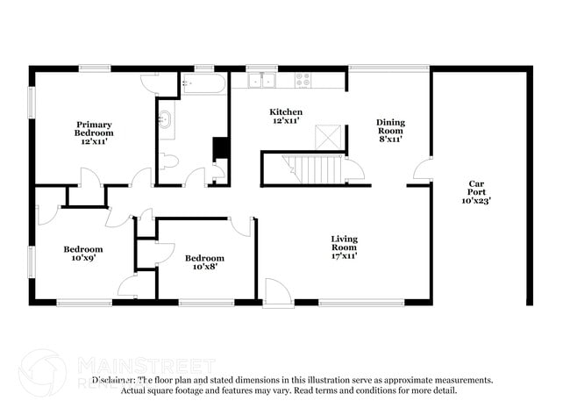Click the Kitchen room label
[x=286, y=117]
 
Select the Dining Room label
[x=390, y=131]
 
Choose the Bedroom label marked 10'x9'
[x=82, y=254]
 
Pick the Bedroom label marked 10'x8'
[x=204, y=262]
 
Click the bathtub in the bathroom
[x=204, y=83]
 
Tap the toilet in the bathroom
[x=170, y=161]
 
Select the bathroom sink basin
[x=165, y=120]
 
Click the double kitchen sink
[x=261, y=81]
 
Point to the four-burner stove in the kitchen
[x=303, y=80]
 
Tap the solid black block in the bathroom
[x=221, y=148]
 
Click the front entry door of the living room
[x=277, y=292]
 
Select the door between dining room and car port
[x=422, y=170]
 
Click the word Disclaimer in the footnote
[x=114, y=381]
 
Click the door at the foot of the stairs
[x=354, y=170]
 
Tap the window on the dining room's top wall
[x=388, y=67]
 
